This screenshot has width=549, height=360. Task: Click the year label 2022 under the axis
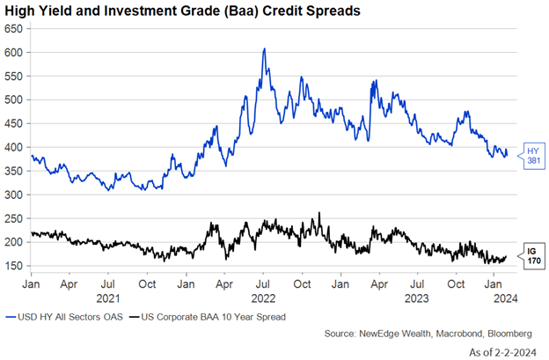tap(264, 297)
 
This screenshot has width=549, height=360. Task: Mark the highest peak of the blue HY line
tap(264, 49)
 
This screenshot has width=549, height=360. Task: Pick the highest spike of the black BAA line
tap(319, 212)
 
